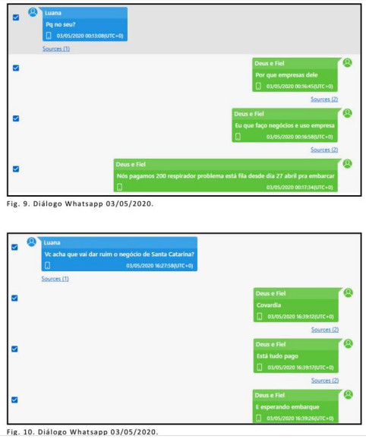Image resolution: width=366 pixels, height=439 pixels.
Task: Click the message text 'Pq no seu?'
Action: [x=61, y=24]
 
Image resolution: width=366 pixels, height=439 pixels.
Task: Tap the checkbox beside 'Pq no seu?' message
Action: [x=16, y=17]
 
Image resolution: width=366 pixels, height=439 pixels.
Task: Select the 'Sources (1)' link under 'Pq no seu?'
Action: [x=56, y=49]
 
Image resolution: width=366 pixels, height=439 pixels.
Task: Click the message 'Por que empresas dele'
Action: [x=286, y=74]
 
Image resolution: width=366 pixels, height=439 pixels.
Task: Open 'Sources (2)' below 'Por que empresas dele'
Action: [x=324, y=99]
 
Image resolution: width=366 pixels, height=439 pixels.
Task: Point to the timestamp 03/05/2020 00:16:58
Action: [x=299, y=137]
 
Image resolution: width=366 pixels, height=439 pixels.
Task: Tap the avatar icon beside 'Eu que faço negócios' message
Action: [x=347, y=113]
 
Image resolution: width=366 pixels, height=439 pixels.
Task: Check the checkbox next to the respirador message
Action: [x=16, y=169]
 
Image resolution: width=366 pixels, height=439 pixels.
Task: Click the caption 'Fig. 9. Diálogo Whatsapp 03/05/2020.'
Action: [x=80, y=204]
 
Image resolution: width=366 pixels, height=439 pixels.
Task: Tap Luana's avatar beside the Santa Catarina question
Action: [x=32, y=242]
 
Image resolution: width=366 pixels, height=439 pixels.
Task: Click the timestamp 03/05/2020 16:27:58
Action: [x=159, y=265]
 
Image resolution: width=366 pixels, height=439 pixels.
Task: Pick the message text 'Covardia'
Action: [x=269, y=305]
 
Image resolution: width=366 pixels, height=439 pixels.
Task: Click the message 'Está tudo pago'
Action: [x=277, y=356]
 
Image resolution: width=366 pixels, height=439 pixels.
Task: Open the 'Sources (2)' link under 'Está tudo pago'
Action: [x=325, y=381]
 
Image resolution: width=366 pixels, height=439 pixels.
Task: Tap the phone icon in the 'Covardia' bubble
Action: [x=260, y=317]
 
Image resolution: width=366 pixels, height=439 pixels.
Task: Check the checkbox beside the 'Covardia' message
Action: [x=14, y=298]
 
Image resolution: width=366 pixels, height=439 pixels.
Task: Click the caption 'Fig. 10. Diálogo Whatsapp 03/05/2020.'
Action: [x=82, y=431]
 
